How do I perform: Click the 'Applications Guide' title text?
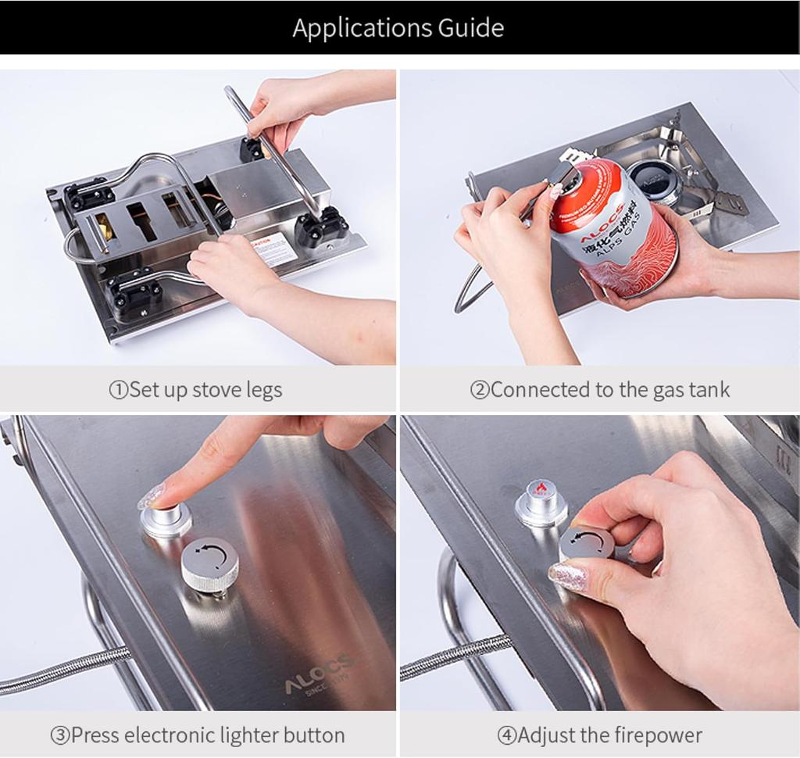pyautogui.click(x=398, y=28)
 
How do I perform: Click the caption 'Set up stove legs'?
pyautogui.click(x=205, y=389)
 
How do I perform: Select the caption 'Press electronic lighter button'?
pyautogui.click(x=207, y=735)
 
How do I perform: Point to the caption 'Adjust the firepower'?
pyautogui.click(x=609, y=735)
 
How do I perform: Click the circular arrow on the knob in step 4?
pyautogui.click(x=587, y=542)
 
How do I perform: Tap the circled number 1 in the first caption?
pyautogui.click(x=118, y=390)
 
